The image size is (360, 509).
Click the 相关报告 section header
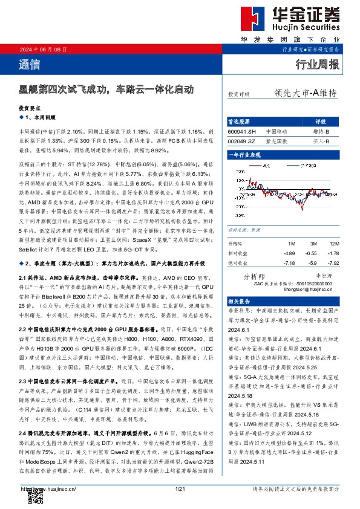point(240,300)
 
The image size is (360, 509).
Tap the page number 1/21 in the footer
point(179,488)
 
